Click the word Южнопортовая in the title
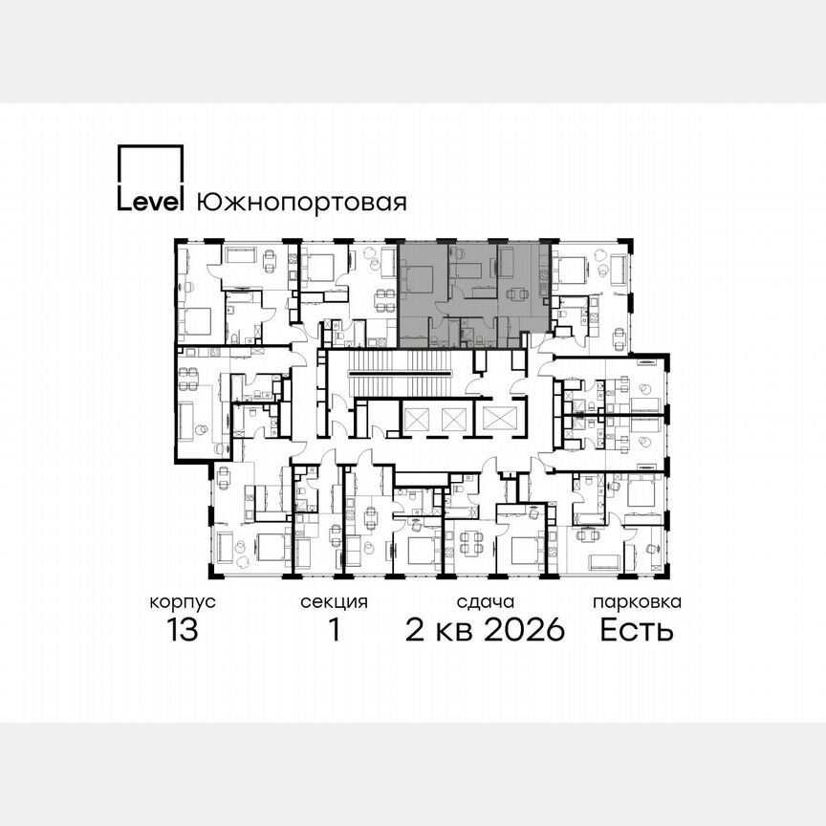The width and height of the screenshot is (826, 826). pos(301,203)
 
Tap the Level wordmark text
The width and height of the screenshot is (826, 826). pos(151,202)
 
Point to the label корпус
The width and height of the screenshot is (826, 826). pos(182,602)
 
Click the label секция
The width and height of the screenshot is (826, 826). pos(335,602)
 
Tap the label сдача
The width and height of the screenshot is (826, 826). pos(486,602)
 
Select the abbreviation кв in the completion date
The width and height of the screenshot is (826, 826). pos(453,631)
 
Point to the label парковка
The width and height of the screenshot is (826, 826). pos(638,602)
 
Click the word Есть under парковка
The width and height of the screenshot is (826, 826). pos(638,631)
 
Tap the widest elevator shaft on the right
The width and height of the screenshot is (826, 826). pos(498,417)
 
